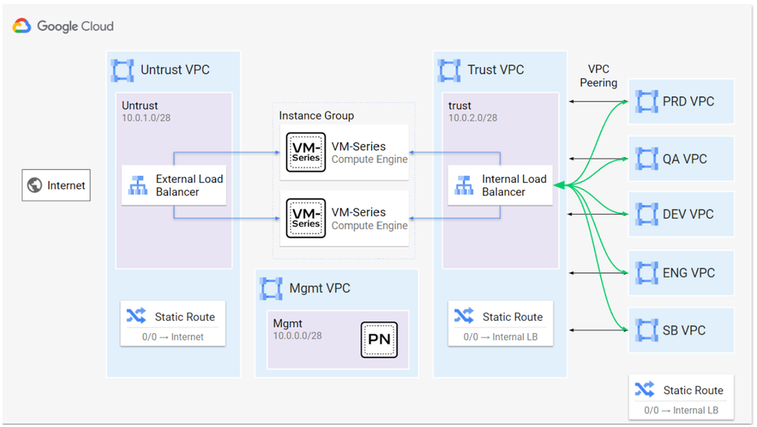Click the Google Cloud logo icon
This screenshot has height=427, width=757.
(21, 27)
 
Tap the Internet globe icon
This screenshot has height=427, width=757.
(34, 186)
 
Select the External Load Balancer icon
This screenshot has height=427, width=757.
(138, 186)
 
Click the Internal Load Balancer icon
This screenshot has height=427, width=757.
(464, 186)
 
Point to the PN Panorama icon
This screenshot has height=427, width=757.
(379, 339)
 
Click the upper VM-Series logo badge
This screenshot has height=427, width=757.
(306, 152)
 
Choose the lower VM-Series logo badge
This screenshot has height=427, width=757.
(306, 218)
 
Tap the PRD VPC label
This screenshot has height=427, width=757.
(688, 102)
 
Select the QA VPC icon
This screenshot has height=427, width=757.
(646, 159)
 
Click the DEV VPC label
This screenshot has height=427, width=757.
(688, 215)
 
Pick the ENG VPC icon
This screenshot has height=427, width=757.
(646, 272)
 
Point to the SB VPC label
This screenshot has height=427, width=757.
(683, 331)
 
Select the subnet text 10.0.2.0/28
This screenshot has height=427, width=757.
(473, 118)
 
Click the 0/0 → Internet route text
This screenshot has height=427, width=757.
(173, 337)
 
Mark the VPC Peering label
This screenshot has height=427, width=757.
(599, 76)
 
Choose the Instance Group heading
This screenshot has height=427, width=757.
(316, 115)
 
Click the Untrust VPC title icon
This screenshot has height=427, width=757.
(123, 70)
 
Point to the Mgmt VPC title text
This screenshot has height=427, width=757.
(320, 288)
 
